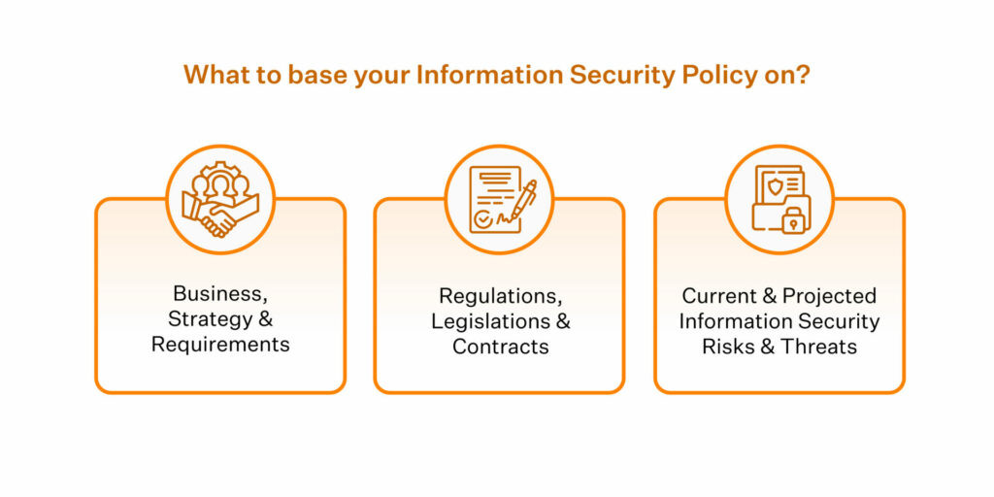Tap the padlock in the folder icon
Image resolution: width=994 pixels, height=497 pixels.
pyautogui.click(x=792, y=219)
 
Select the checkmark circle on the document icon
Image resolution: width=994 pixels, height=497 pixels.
pyautogui.click(x=482, y=218)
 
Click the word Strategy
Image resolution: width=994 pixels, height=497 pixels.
pyautogui.click(x=209, y=319)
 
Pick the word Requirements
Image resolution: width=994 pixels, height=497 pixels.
pyautogui.click(x=220, y=345)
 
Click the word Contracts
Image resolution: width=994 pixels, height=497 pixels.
pyautogui.click(x=499, y=347)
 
